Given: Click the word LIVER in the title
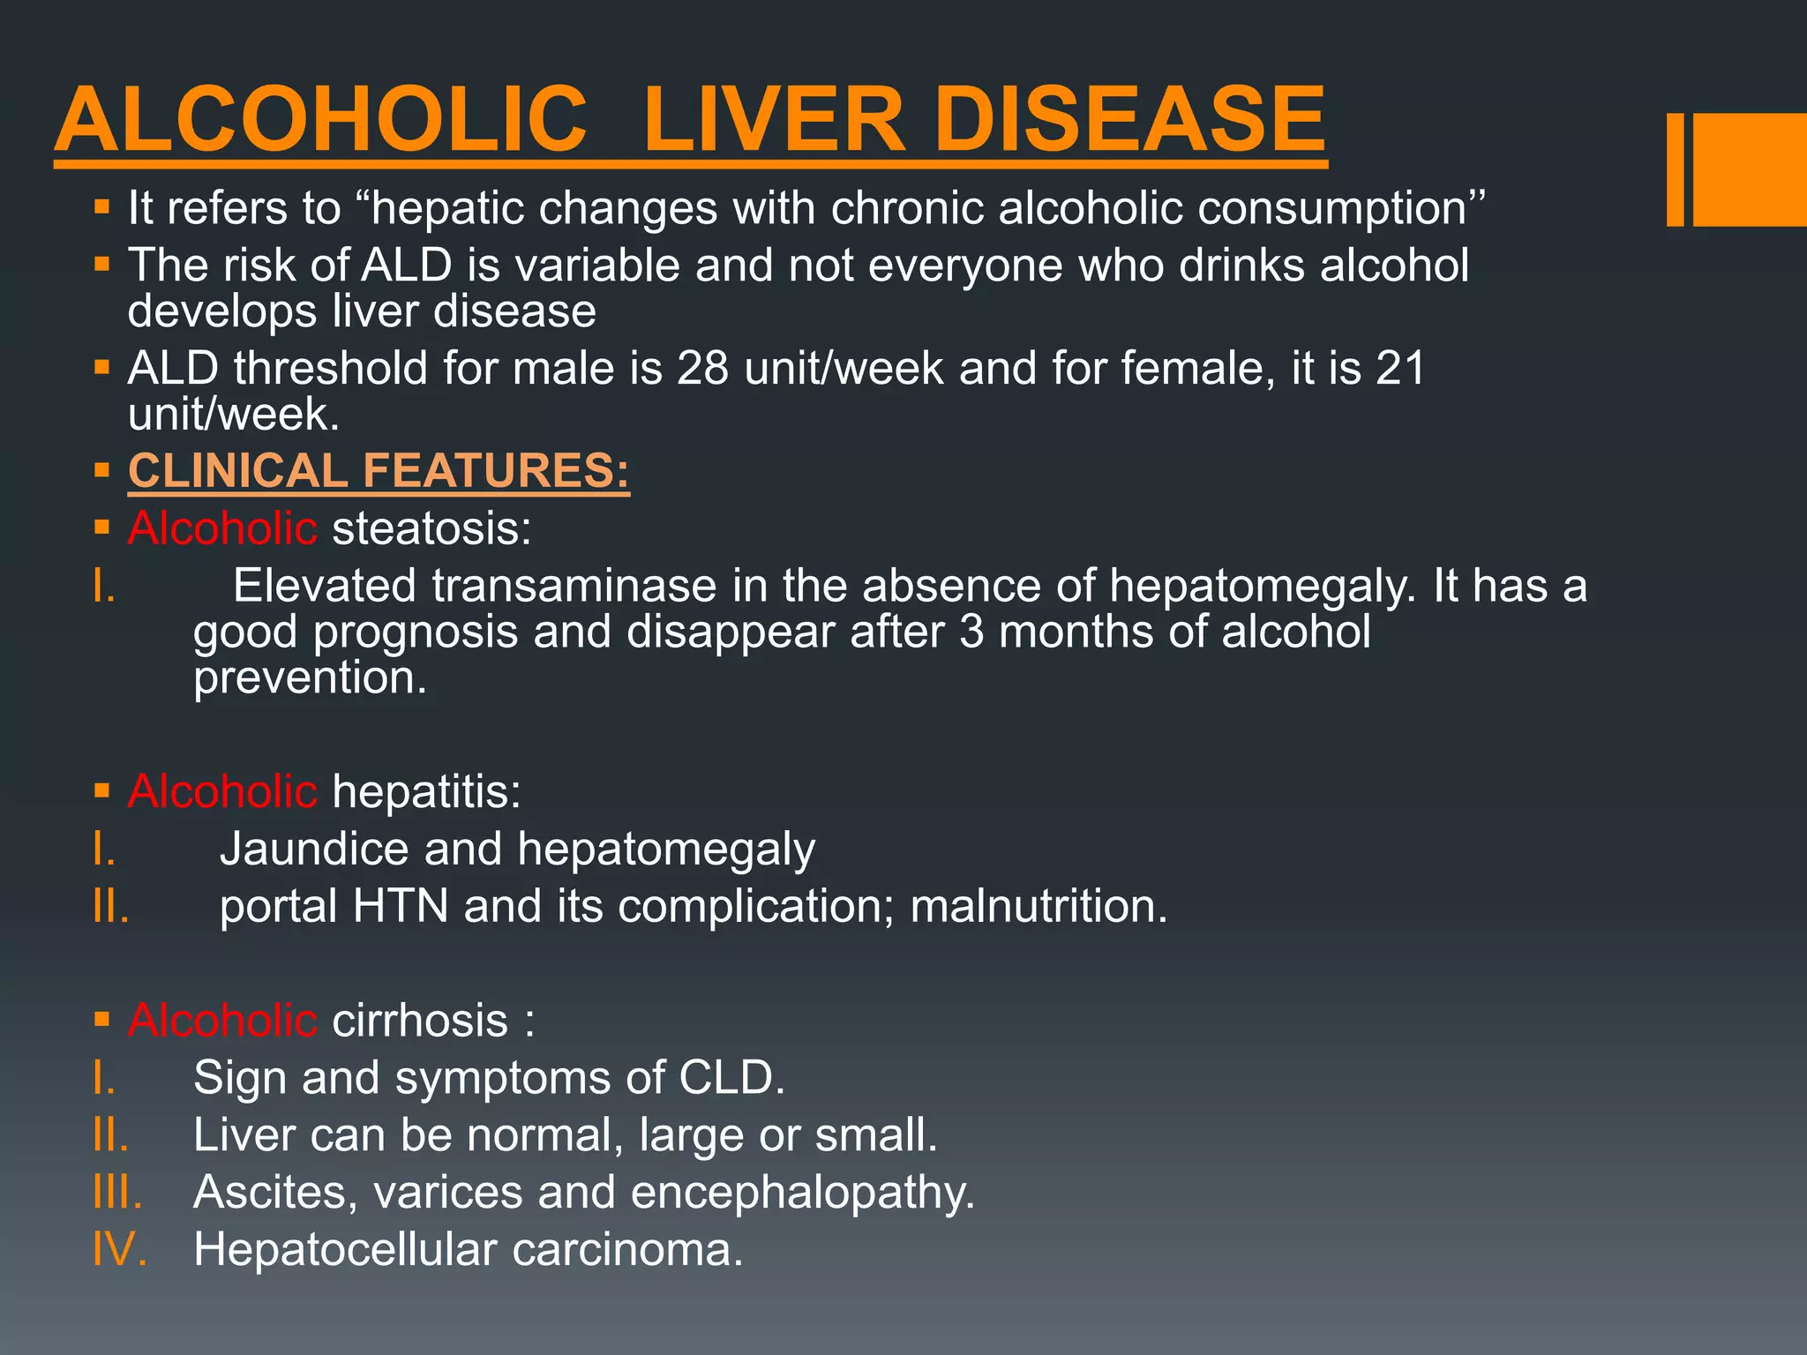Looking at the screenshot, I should (x=774, y=120).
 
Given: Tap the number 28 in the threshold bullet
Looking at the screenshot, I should (x=702, y=368).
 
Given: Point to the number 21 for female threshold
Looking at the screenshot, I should (x=1400, y=368).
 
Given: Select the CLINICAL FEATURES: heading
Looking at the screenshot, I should (x=379, y=470).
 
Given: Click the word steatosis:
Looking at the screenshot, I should (x=431, y=528).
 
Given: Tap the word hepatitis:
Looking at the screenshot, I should (x=426, y=791).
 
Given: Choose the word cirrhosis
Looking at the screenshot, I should (x=420, y=1021).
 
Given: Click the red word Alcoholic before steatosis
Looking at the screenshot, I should (x=222, y=528).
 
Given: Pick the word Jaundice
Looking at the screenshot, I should (x=314, y=850).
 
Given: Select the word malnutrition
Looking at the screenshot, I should (x=1038, y=906).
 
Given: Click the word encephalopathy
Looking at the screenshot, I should (x=802, y=1193).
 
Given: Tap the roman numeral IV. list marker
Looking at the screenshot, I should (x=120, y=1250).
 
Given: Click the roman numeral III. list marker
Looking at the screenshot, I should (x=117, y=1193).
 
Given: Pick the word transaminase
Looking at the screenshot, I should (x=574, y=587).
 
